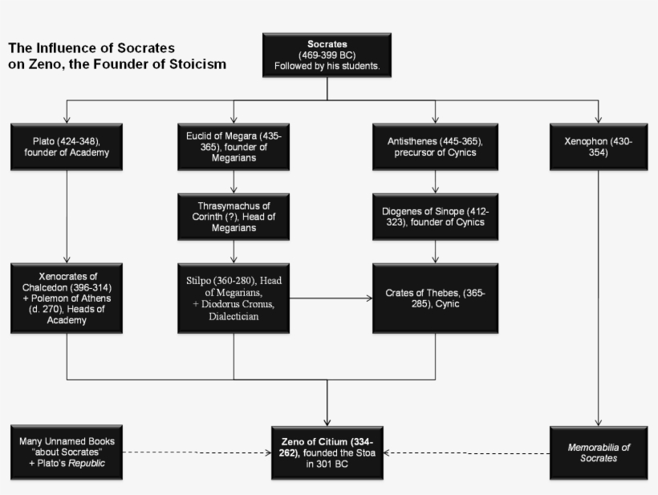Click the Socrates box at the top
click(327, 55)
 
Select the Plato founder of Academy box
click(67, 147)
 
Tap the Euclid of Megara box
click(234, 147)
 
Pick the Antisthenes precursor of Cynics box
click(435, 147)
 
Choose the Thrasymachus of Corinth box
click(234, 217)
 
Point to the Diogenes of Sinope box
click(435, 217)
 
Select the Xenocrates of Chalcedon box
click(67, 298)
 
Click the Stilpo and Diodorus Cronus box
click(234, 298)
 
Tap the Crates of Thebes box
click(435, 298)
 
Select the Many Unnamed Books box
click(67, 452)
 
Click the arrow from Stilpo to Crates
click(331, 298)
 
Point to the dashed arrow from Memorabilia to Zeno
click(468, 452)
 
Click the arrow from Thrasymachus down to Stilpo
click(234, 252)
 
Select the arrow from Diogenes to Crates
click(435, 252)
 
